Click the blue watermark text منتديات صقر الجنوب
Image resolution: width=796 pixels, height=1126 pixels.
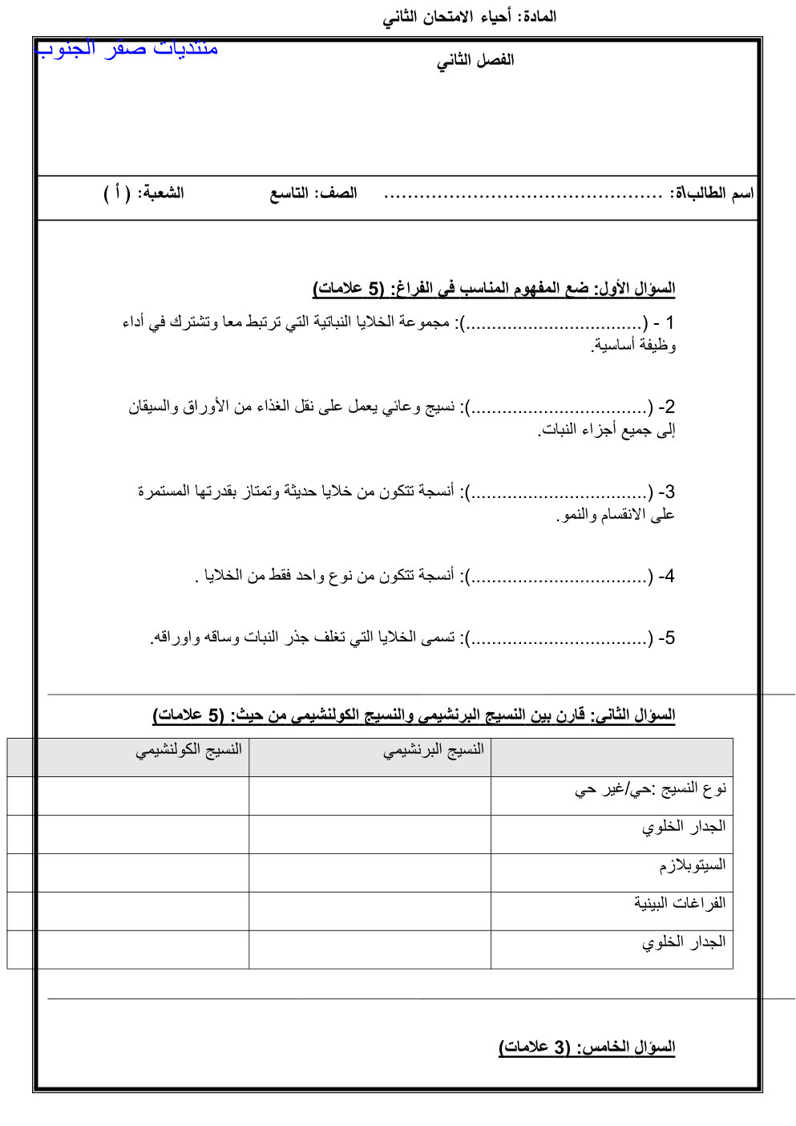pos(127,48)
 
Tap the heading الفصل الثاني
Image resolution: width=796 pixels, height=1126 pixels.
pos(475,61)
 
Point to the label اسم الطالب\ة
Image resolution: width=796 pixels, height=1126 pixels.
pos(712,193)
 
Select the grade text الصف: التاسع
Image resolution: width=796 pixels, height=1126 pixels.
pos(313,193)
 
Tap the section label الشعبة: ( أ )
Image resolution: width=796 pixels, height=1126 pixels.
pos(144,193)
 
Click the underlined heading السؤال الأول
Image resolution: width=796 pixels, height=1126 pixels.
pos(634,288)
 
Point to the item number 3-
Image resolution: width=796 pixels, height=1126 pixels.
pos(666,492)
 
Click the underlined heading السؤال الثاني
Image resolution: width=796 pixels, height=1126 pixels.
pos(632,715)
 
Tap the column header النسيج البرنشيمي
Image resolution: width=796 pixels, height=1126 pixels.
pos(434,750)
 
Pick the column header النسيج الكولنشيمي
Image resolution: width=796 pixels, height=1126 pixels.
pos(189,750)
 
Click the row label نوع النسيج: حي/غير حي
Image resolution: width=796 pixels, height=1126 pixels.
pos(650,789)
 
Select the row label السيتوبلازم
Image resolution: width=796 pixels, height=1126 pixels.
pos(693,865)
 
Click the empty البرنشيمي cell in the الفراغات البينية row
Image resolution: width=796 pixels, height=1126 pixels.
pos(370,911)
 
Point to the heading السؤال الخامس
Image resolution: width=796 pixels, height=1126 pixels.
pos(587,1047)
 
